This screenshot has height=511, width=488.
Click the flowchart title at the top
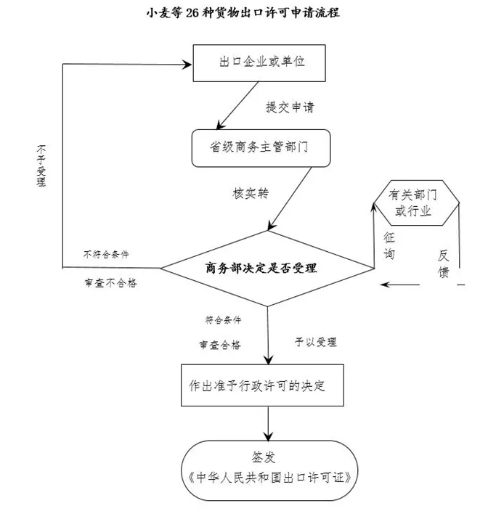tap(244, 12)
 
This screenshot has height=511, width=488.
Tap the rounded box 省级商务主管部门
tap(261, 147)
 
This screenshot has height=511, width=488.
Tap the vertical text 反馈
tap(444, 264)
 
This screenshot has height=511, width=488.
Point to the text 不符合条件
tap(111, 253)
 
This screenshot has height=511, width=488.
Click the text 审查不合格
tap(110, 284)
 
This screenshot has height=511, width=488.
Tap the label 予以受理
tap(315, 341)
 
